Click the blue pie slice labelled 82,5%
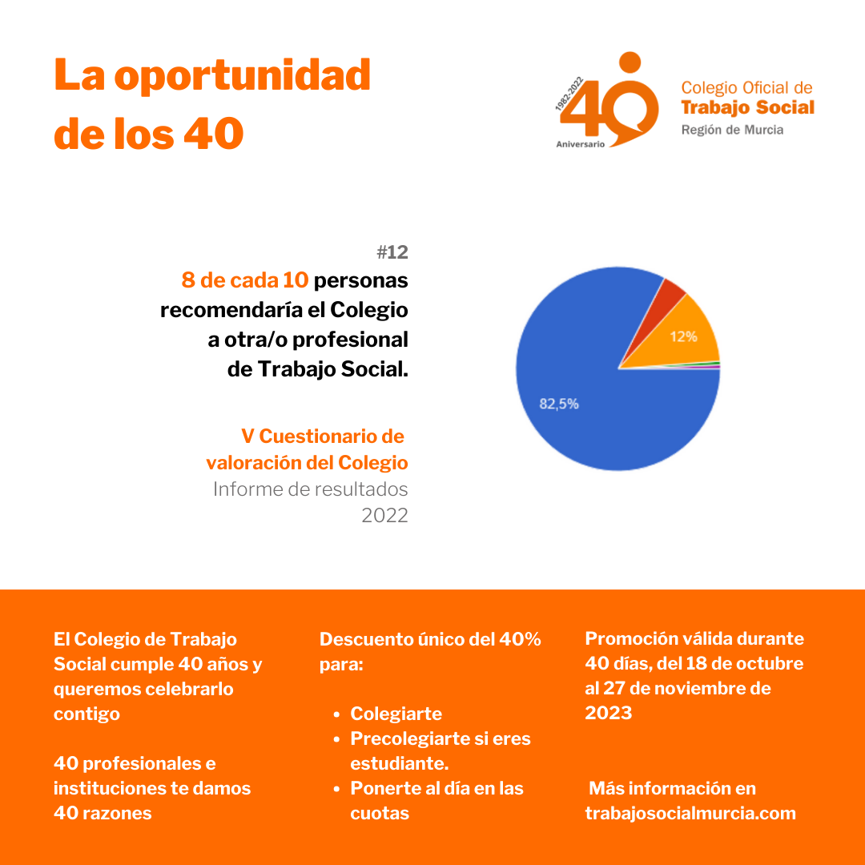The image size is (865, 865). [x=593, y=408]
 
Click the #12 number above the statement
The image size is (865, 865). [x=392, y=252]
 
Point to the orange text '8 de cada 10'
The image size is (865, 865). [x=245, y=281]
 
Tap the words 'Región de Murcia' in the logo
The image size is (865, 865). [x=732, y=130]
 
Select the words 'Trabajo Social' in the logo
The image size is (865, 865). [x=747, y=107]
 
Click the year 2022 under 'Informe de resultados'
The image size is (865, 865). [x=384, y=515]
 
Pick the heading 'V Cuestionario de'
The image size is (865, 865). [x=324, y=437]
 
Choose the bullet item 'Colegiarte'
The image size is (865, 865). [x=396, y=714]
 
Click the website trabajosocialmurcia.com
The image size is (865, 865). [x=690, y=813]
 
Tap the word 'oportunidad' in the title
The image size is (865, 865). [x=243, y=75]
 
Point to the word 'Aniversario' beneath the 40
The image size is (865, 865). [x=581, y=144]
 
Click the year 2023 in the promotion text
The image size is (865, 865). [x=609, y=713]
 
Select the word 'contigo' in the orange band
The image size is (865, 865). [x=86, y=714]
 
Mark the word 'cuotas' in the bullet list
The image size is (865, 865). [x=380, y=813]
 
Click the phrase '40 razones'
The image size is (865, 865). [x=103, y=813]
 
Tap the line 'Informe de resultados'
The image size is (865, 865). [x=311, y=489]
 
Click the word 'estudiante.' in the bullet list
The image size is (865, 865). [x=399, y=763]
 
